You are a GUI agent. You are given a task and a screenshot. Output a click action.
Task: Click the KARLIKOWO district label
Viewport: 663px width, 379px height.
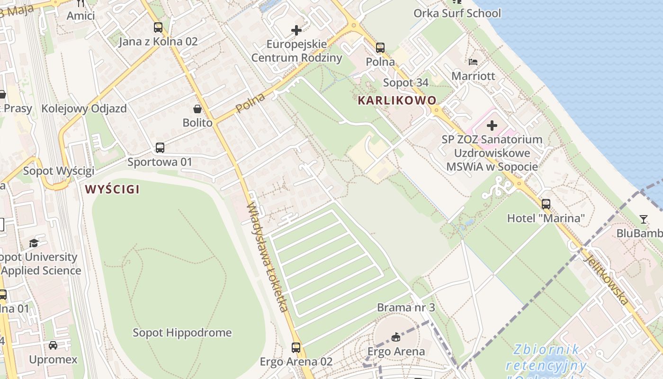click(x=397, y=100)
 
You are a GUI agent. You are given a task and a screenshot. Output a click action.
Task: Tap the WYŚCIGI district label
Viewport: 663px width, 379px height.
click(x=112, y=189)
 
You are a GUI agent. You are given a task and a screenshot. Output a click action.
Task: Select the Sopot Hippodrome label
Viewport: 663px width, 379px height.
click(x=182, y=333)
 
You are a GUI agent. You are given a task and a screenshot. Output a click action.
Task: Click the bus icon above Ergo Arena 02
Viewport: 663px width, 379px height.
click(x=296, y=348)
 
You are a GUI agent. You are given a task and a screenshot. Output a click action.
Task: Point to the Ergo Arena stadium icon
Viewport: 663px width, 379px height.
click(x=396, y=337)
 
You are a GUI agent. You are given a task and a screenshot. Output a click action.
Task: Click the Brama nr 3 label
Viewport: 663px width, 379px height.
click(x=406, y=307)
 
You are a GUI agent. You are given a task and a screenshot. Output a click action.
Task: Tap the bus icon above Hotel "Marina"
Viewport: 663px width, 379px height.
click(x=546, y=204)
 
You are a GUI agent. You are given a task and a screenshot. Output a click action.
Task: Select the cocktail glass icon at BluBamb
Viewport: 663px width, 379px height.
click(x=643, y=219)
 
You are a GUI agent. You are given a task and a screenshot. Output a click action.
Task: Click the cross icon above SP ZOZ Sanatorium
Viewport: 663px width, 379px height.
click(x=492, y=126)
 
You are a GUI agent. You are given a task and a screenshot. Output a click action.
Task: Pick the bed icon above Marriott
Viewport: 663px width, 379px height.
click(x=473, y=62)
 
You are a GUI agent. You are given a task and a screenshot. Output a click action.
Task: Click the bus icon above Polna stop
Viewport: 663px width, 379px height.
click(x=380, y=48)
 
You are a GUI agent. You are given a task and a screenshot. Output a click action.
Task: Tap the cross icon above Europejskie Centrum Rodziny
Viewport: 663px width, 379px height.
click(x=296, y=30)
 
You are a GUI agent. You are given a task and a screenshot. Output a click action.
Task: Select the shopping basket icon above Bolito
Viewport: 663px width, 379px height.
click(x=197, y=109)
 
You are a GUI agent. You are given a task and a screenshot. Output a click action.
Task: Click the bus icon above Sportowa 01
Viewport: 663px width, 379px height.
click(x=160, y=148)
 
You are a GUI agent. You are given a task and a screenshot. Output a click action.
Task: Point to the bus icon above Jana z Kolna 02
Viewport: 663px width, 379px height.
click(x=158, y=27)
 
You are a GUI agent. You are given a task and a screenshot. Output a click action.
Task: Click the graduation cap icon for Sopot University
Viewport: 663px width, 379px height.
click(x=34, y=244)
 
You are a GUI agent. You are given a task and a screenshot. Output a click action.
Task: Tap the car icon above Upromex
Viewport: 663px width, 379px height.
click(x=53, y=345)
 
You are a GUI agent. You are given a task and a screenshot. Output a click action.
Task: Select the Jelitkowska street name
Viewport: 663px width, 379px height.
click(x=606, y=280)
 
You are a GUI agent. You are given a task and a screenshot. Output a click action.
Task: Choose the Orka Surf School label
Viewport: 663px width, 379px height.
click(x=457, y=13)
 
